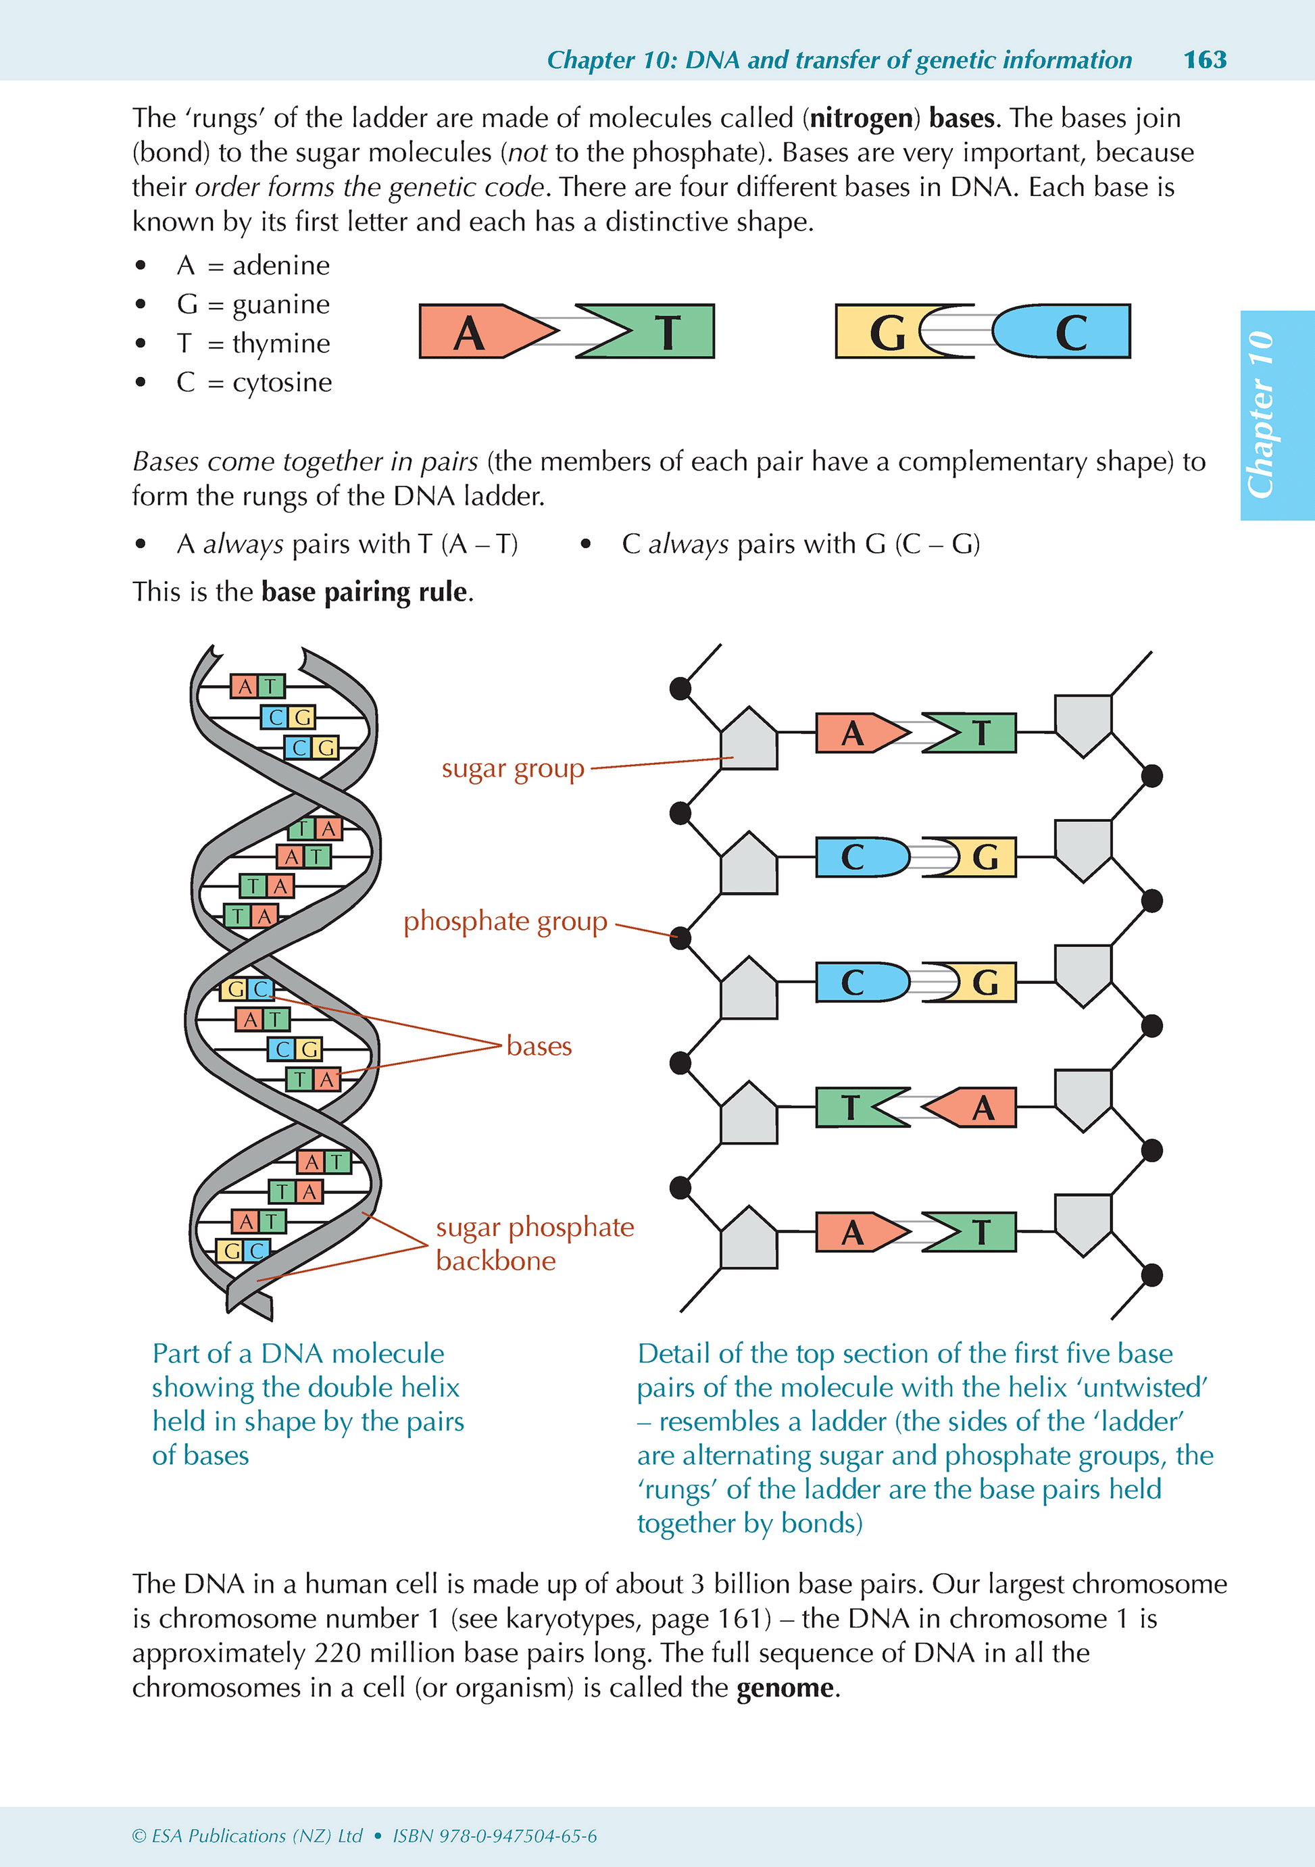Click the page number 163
[x=1204, y=59]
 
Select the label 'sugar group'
[x=512, y=768]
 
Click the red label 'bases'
[x=539, y=1046]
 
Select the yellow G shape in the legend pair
[x=883, y=332]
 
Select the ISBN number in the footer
[x=495, y=1835]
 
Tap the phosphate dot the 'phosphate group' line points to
[x=680, y=939]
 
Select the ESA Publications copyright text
[x=247, y=1835]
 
